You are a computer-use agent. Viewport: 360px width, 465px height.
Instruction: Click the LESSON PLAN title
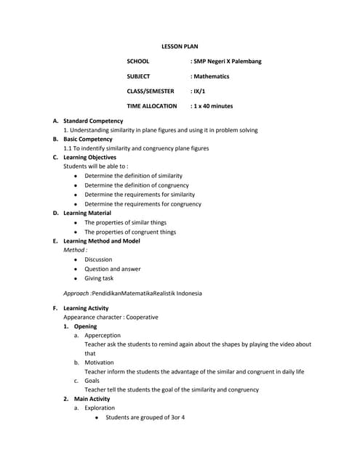click(x=179, y=46)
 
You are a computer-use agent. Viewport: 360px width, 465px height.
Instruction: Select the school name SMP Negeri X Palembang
click(x=226, y=61)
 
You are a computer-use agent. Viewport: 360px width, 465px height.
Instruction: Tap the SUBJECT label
click(x=138, y=76)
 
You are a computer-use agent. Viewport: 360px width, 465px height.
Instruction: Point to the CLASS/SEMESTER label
click(x=151, y=91)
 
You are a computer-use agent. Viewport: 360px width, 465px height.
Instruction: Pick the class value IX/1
click(x=197, y=91)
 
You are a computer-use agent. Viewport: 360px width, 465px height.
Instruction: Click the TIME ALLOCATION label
click(x=151, y=106)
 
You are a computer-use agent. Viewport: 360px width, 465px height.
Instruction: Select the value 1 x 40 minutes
click(x=212, y=106)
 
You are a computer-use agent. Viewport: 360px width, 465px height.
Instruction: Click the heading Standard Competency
click(x=93, y=121)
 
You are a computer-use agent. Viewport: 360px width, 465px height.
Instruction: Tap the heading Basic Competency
click(x=88, y=139)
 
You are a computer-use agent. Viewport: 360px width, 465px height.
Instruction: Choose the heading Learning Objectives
click(x=89, y=157)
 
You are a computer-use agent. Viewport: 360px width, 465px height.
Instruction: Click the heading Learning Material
click(x=87, y=213)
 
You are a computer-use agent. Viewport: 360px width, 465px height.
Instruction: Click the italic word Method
click(x=75, y=250)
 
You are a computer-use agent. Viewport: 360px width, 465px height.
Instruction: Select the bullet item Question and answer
click(x=113, y=269)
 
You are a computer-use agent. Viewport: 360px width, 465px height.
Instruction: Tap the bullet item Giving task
click(x=99, y=278)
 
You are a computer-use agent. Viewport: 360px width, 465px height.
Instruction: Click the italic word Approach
click(x=76, y=294)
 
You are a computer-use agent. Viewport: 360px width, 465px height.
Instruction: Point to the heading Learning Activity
click(x=86, y=308)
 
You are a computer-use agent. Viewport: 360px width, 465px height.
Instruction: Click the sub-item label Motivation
click(x=99, y=362)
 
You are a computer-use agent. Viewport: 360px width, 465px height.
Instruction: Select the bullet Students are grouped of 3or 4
click(x=145, y=418)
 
